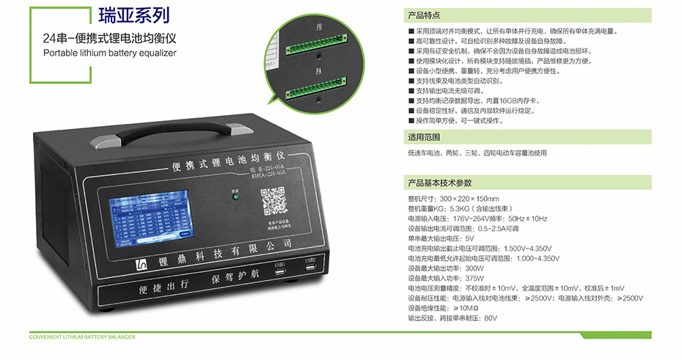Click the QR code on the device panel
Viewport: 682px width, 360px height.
272,201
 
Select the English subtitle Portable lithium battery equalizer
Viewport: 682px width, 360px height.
110,53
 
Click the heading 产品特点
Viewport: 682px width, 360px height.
424,15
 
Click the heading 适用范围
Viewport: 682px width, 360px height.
424,137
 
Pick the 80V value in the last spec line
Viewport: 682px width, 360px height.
491,318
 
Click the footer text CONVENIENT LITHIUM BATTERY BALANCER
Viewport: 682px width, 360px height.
82,338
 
